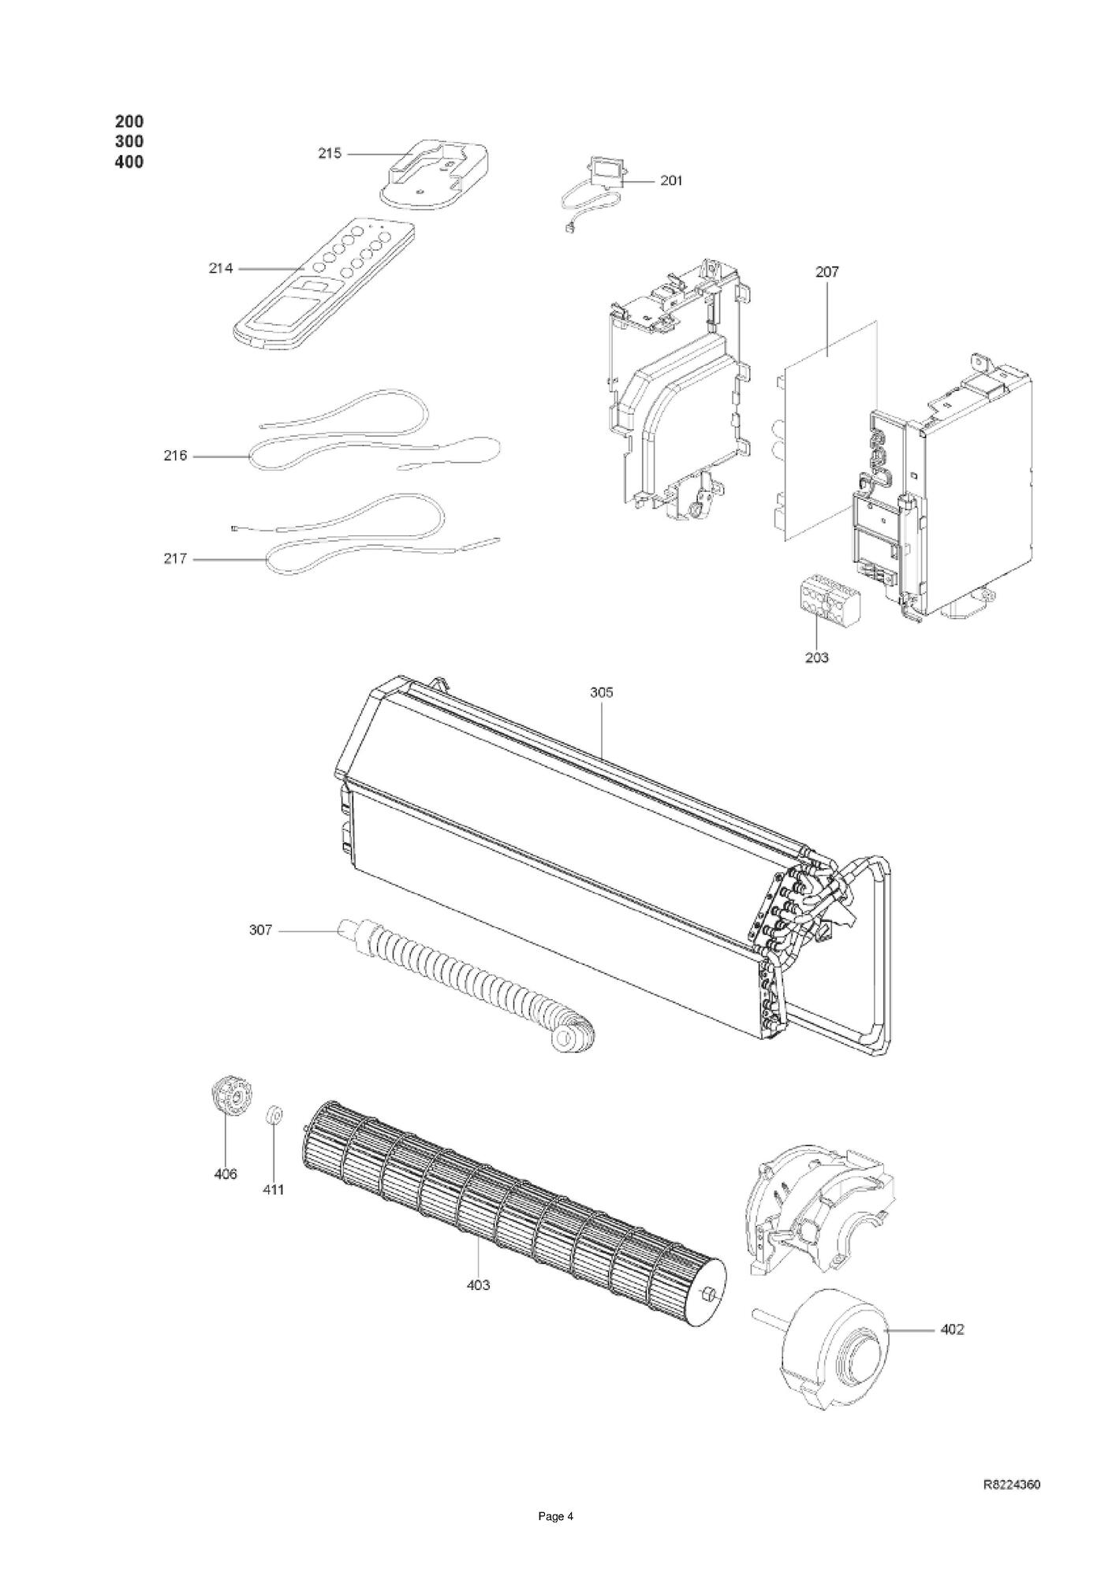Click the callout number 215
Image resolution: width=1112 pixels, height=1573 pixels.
[x=330, y=154]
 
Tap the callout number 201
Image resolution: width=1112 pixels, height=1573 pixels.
[x=670, y=181]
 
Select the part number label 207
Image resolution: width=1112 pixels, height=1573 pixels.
[x=827, y=272]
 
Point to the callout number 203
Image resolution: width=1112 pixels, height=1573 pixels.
[x=817, y=657]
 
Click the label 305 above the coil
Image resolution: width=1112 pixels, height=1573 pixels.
[x=601, y=693]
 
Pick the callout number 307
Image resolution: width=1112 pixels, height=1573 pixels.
[x=260, y=930]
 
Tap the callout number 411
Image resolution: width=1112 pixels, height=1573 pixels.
[x=273, y=1190]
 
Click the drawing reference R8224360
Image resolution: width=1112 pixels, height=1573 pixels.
[x=1011, y=1485]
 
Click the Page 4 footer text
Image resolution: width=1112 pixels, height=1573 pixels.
[x=555, y=1538]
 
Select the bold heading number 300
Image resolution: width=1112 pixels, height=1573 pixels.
[x=129, y=142]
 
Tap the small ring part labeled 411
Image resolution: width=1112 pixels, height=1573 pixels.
[x=274, y=1115]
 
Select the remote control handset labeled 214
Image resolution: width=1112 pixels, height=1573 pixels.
[x=323, y=284]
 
